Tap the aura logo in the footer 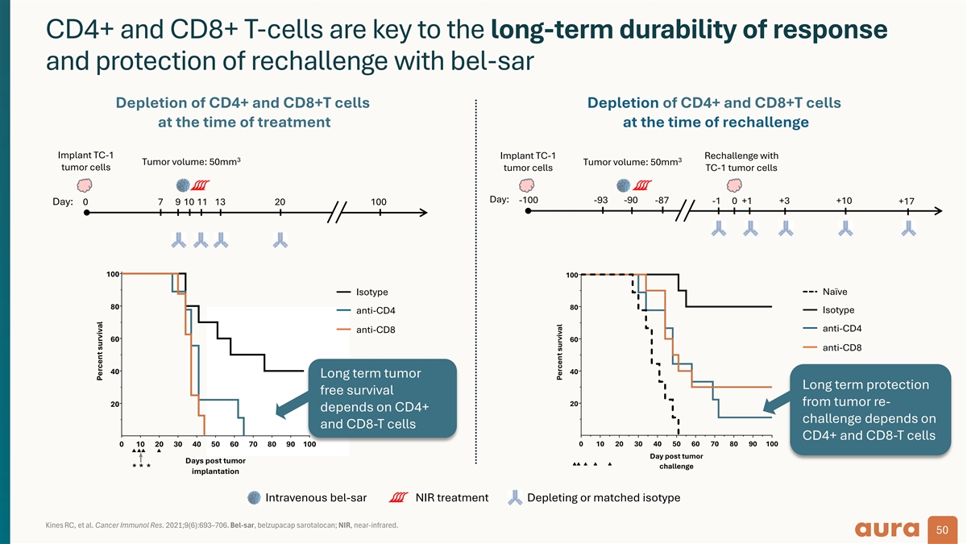coord(889,529)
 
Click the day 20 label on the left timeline coord(280,201)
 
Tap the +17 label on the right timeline coord(907,201)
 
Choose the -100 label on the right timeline coord(529,200)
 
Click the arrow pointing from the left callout coord(288,409)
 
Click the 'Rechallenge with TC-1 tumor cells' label coord(741,161)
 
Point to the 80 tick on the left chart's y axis coord(114,307)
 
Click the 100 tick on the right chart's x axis coord(771,443)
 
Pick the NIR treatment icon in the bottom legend coord(400,498)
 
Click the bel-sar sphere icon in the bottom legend coord(255,498)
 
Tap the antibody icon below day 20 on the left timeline coord(280,239)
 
